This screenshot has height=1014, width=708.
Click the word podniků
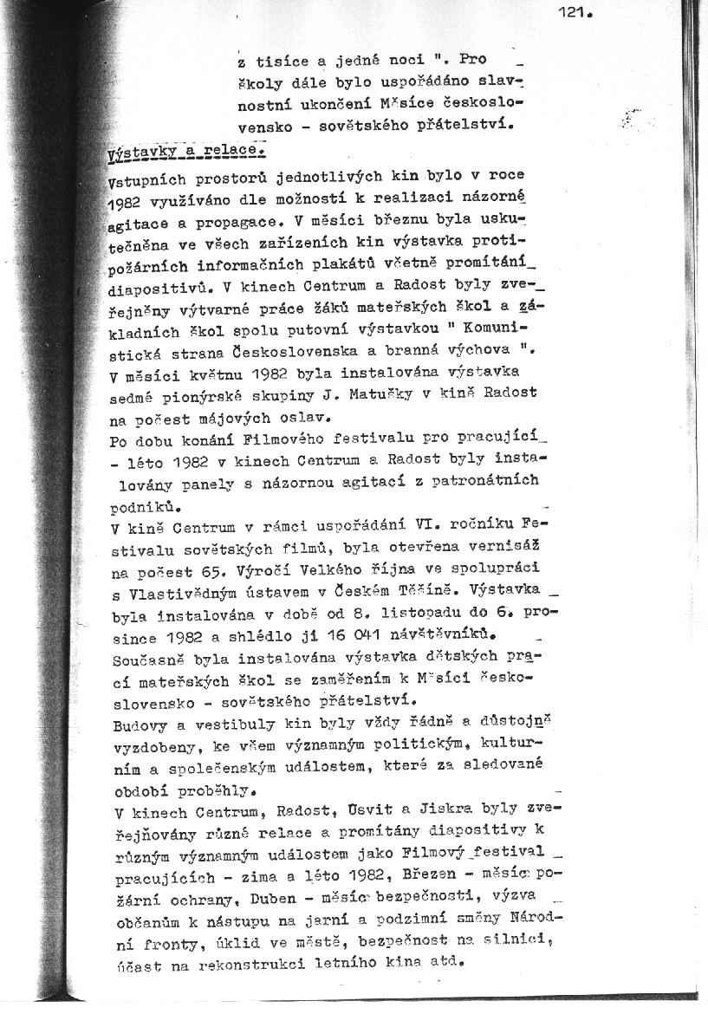[x=146, y=503]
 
